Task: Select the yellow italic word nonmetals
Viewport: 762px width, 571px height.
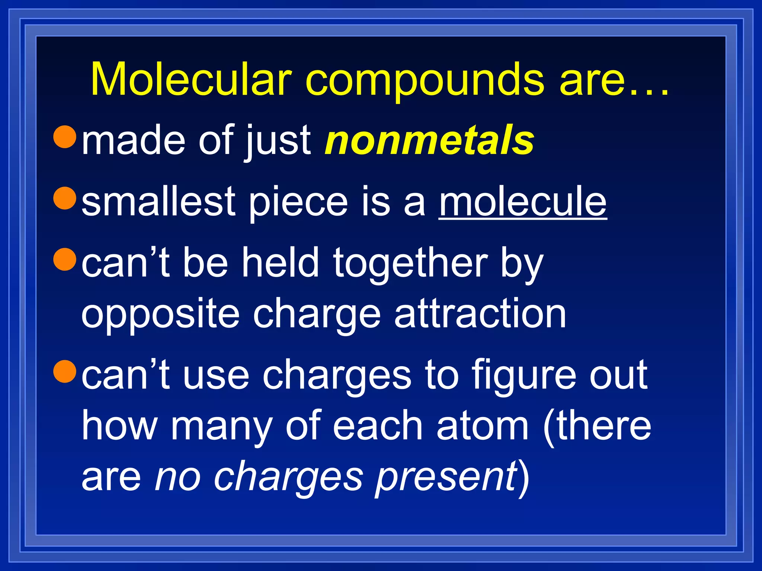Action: [429, 141]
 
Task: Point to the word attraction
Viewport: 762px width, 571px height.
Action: [480, 314]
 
